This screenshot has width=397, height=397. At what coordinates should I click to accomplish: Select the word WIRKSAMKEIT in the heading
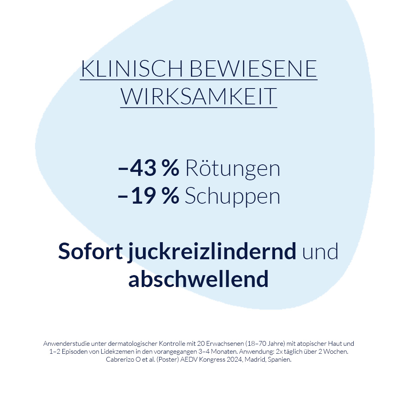coord(198,96)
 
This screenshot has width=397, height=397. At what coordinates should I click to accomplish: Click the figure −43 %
coord(148,169)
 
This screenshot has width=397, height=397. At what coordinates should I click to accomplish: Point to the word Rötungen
coord(233,169)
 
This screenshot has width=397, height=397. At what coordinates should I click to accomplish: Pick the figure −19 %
coord(148,197)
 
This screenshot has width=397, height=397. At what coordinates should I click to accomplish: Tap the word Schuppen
coord(233,197)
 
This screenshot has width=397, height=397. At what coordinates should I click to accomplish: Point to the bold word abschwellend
coord(198,279)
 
